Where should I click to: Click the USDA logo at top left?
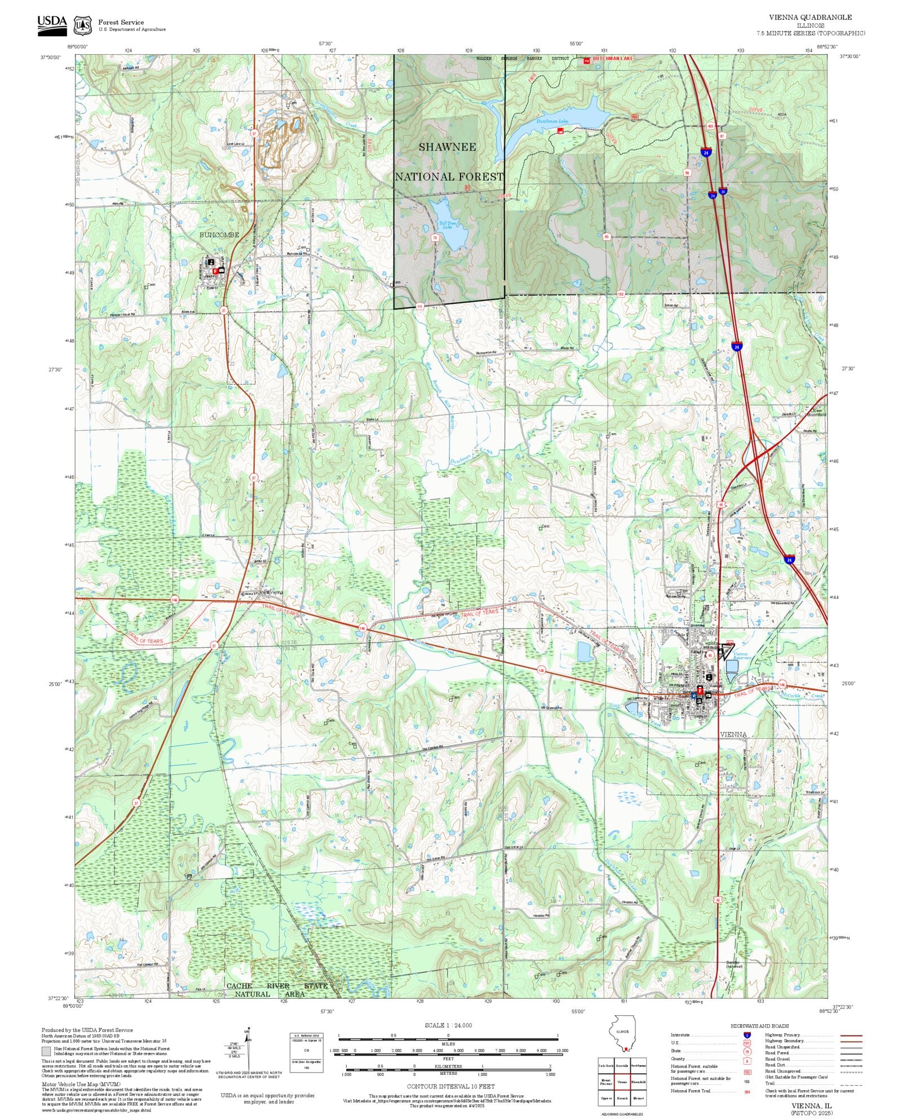pos(52,25)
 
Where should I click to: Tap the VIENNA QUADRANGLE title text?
pos(810,17)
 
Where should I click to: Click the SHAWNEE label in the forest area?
pos(447,147)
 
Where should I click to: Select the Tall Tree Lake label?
pos(446,225)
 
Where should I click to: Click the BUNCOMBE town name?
pos(219,235)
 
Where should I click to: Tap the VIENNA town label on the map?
pos(733,734)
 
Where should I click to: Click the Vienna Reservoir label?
pos(741,656)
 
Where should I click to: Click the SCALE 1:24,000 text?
pos(448,1025)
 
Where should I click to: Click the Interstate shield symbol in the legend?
pos(748,1035)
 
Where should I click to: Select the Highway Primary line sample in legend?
pos(851,1035)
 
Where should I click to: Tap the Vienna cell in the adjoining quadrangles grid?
pos(622,1082)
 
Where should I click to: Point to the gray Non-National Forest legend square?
pos(46,1051)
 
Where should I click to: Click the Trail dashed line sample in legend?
pos(851,1083)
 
